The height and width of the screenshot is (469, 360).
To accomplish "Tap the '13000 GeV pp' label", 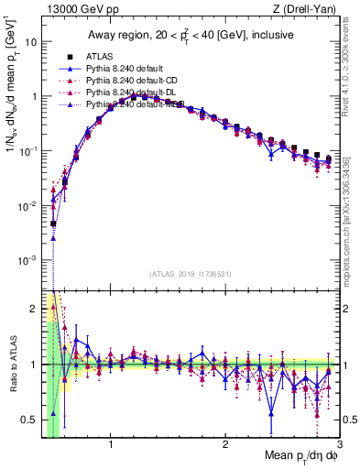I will coord(73,9).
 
